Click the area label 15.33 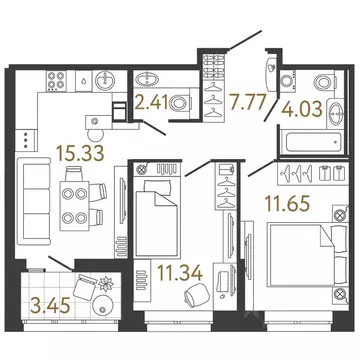80,153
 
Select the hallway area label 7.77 247,102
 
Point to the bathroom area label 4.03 302,109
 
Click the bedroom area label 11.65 287,204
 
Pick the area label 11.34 180,273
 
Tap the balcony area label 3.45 50,306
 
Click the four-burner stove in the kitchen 56,80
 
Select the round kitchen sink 105,80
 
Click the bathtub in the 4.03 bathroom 312,143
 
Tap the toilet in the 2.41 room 180,104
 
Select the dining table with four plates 74,206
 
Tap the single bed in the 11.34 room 157,218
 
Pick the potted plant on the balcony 106,284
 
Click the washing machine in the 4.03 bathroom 287,80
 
